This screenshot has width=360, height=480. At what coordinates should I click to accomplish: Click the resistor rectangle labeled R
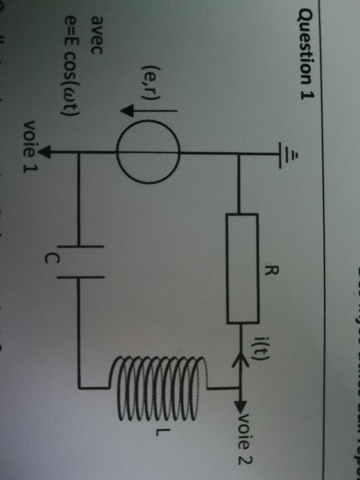242,269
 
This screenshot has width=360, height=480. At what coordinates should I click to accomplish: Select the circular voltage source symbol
148,152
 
